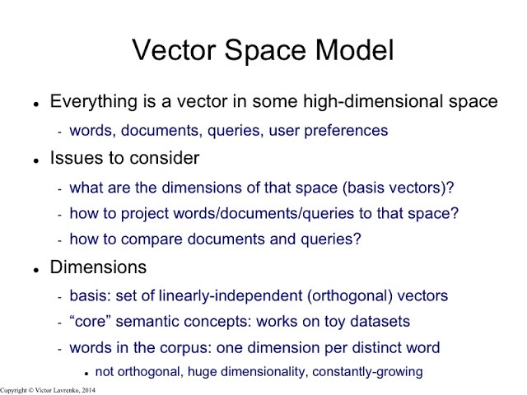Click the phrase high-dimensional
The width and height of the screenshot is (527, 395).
click(x=371, y=102)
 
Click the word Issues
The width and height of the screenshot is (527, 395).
click(x=72, y=157)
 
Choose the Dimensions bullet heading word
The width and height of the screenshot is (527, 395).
click(x=98, y=267)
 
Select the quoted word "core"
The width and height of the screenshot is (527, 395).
click(x=91, y=322)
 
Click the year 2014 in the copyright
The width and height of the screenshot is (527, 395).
click(x=87, y=389)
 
